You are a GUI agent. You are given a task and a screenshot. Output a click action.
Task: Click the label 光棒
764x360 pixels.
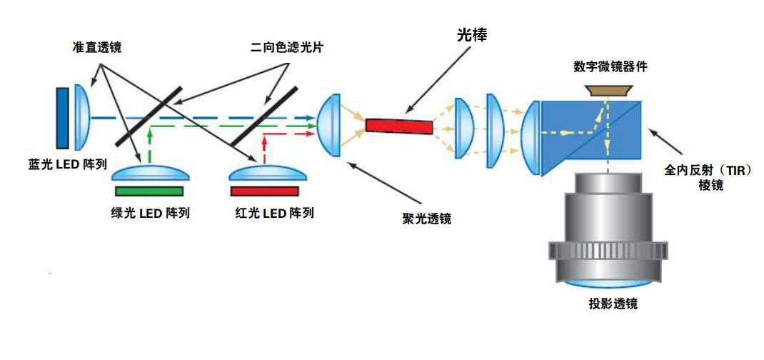coord(472,34)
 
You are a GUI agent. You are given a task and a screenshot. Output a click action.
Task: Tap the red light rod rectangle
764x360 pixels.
coord(399,126)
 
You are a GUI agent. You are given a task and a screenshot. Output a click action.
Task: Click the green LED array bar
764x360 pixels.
coord(149,191)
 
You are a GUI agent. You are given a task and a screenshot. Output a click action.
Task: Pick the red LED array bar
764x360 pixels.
coord(264,191)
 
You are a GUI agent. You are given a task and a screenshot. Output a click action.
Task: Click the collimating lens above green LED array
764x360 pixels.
coord(149,174)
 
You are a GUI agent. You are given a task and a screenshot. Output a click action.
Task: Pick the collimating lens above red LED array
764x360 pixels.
coord(263,174)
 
